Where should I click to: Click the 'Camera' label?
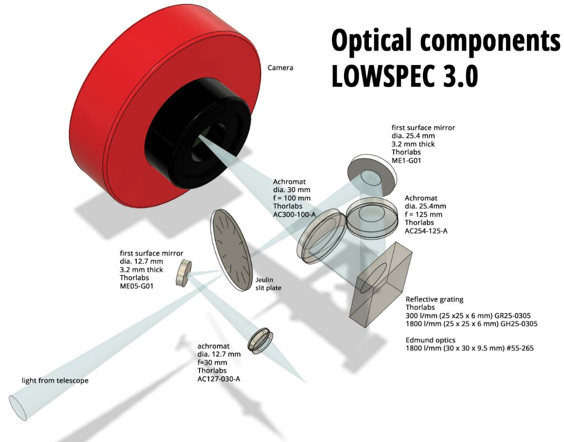(280, 68)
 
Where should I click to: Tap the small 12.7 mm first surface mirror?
(183, 273)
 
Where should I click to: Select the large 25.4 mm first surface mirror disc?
(371, 176)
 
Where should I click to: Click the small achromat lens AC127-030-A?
(260, 339)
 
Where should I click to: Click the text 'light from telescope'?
(55, 380)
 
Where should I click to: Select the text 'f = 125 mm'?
(423, 214)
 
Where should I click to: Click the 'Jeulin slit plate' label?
(268, 284)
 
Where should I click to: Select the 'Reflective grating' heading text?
(435, 299)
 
